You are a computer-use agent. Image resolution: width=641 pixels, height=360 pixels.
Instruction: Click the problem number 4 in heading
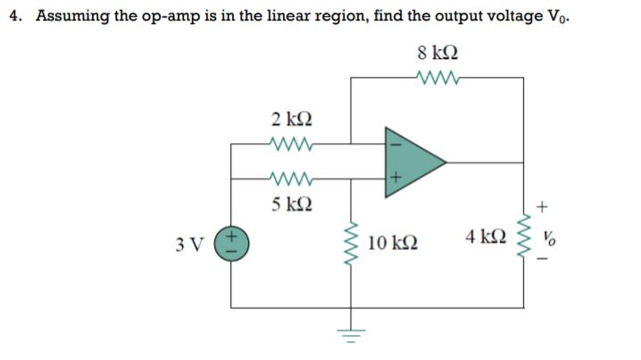point(14,16)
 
